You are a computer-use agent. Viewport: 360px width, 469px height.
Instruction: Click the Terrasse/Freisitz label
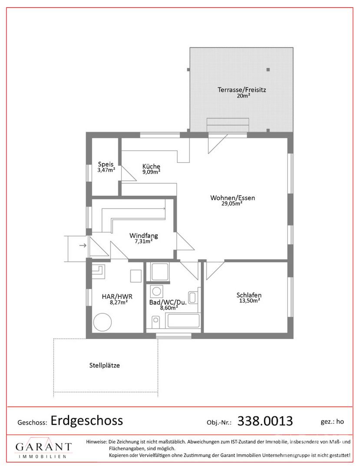[241, 89]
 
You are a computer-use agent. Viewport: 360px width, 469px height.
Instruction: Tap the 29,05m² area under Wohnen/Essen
[232, 203]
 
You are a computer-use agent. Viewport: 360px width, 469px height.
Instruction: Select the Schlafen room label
[249, 295]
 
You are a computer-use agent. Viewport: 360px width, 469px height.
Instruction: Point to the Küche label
[151, 166]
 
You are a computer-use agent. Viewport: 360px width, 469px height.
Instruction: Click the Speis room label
[106, 164]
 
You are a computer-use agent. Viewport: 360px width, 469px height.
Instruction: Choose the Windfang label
[143, 235]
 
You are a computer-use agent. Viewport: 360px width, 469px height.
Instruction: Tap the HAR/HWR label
[117, 297]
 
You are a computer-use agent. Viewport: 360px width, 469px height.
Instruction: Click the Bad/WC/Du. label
[168, 302]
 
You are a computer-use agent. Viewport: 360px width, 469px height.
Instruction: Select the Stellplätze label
[104, 365]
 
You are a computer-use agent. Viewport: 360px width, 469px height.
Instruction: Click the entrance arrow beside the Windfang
[83, 245]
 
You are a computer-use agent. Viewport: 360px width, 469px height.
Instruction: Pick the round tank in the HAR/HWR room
[102, 322]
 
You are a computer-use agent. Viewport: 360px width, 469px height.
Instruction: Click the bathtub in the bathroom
[184, 320]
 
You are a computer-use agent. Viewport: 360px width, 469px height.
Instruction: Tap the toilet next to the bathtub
[155, 322]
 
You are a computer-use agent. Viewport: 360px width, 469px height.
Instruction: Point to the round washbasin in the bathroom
[156, 291]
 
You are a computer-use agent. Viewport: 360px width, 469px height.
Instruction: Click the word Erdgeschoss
[87, 420]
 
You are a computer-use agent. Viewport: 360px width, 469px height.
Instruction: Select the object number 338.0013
[265, 421]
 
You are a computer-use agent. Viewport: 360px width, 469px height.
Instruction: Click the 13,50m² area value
[249, 301]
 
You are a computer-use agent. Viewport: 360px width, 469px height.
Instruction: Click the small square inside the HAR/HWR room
[136, 276]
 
